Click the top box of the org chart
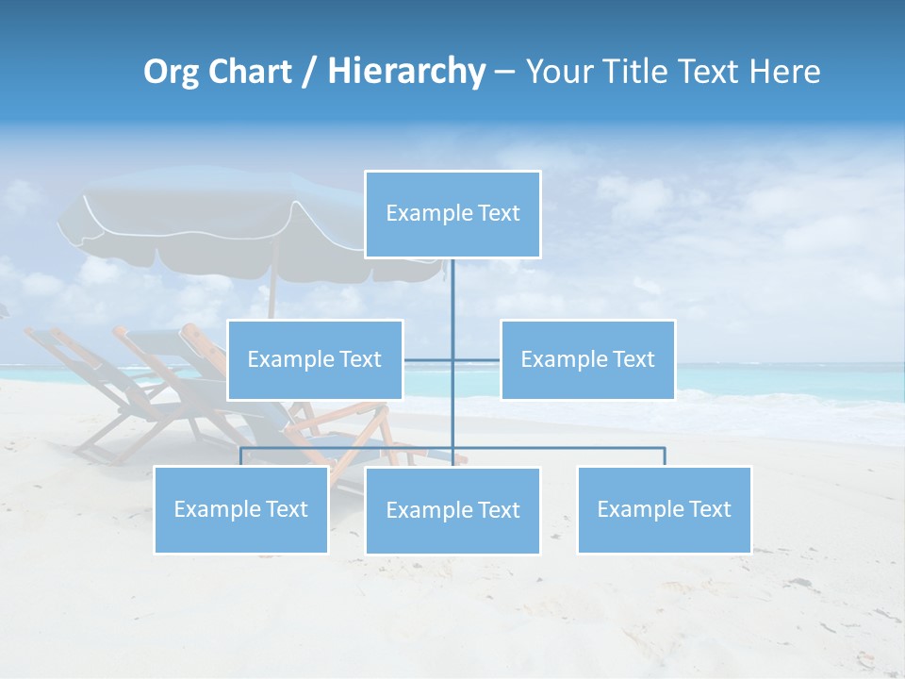452,214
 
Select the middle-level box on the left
315,359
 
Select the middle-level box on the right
587,359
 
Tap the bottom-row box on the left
241,509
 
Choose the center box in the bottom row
452,510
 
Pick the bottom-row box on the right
664,509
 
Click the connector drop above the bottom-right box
665,456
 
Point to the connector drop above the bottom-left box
241,456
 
